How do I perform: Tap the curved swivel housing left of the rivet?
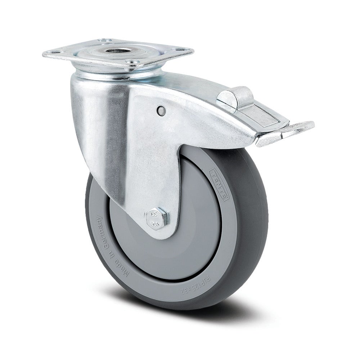97,119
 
